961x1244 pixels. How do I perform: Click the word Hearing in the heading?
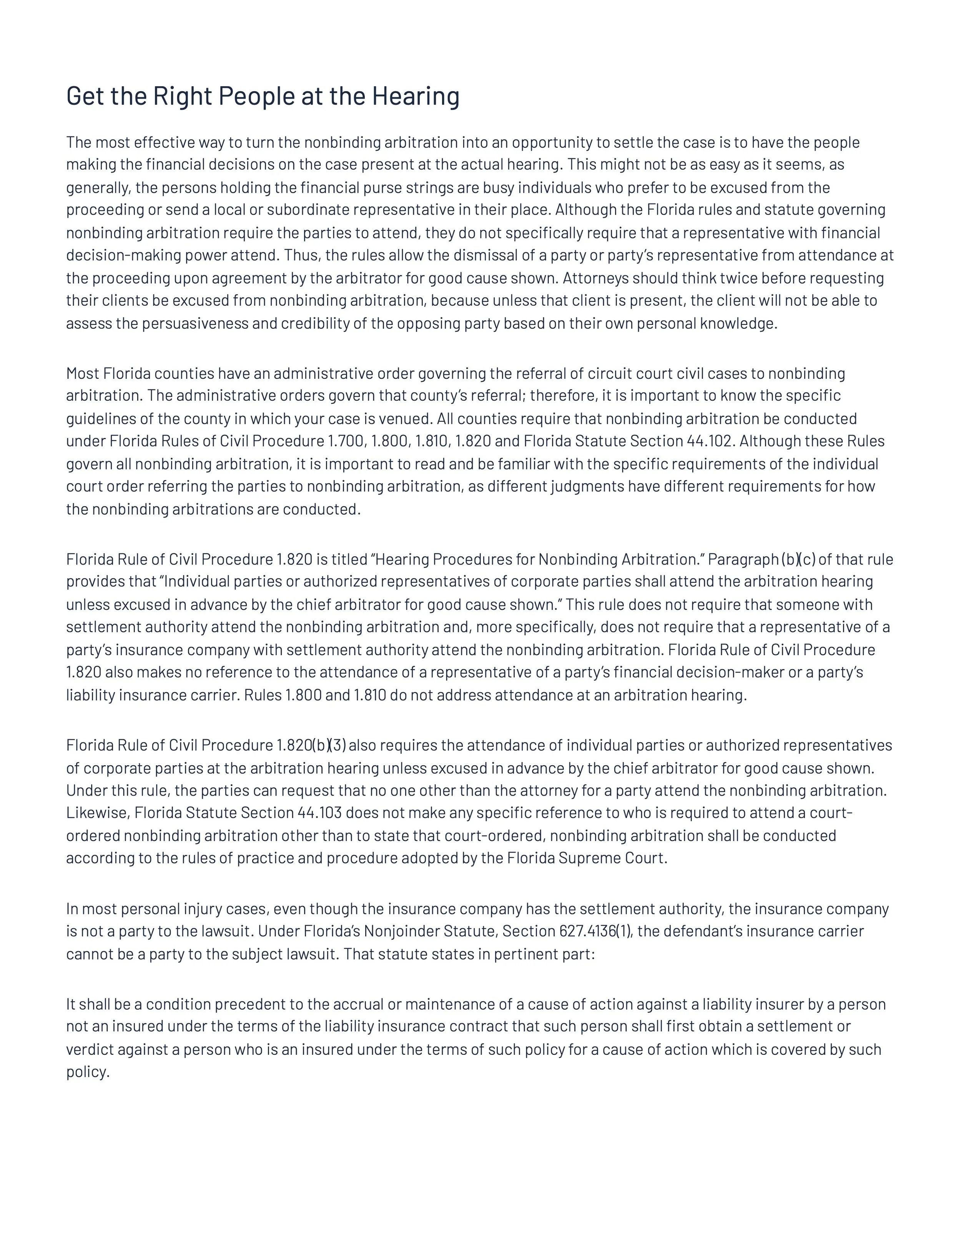[x=416, y=96]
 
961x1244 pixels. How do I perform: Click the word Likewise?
[x=97, y=813]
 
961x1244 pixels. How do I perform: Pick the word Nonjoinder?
[x=401, y=931]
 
